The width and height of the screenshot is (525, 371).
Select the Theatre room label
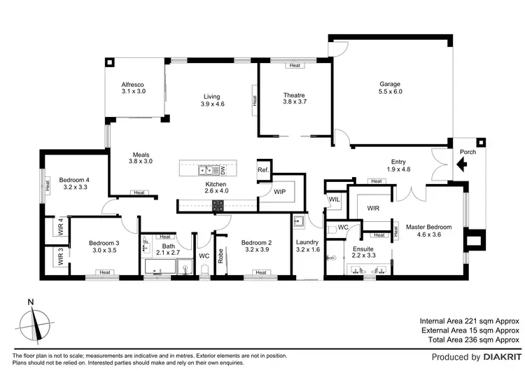point(294,95)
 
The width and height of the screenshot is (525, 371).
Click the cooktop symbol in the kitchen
point(218,205)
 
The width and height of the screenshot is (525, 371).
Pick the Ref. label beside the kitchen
point(263,170)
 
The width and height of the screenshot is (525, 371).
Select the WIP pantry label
point(279,191)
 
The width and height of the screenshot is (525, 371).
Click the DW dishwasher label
point(223,169)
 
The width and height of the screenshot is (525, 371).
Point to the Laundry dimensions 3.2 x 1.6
point(307,250)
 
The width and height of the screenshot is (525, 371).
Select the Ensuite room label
point(363,248)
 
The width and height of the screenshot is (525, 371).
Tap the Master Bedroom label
point(429,227)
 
